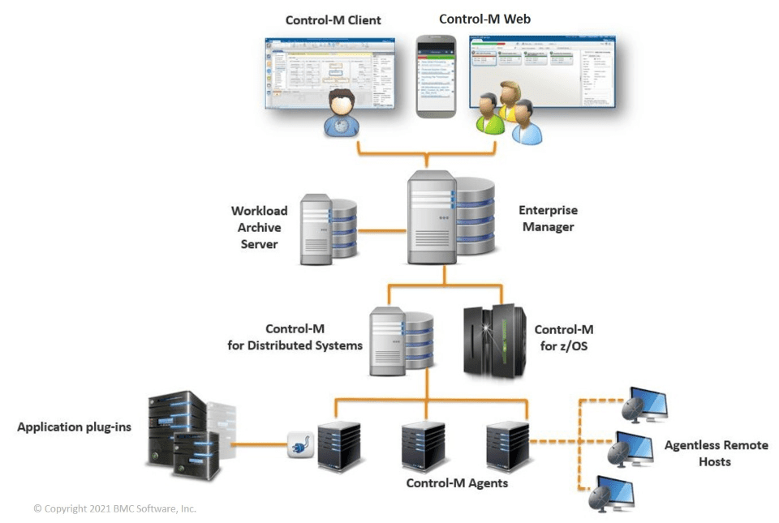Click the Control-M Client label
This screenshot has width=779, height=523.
(x=333, y=19)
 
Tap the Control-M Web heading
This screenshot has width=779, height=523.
(x=484, y=18)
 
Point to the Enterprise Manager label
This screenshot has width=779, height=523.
(x=548, y=218)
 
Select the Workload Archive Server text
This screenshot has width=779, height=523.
(x=259, y=227)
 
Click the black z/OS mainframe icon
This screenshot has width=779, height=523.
(x=492, y=341)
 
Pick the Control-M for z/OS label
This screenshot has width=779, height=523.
(x=563, y=337)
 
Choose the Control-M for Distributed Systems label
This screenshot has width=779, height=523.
(x=295, y=337)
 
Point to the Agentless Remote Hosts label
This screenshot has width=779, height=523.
(x=716, y=453)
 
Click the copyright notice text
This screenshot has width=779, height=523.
(x=114, y=508)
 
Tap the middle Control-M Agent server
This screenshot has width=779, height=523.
(x=422, y=446)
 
